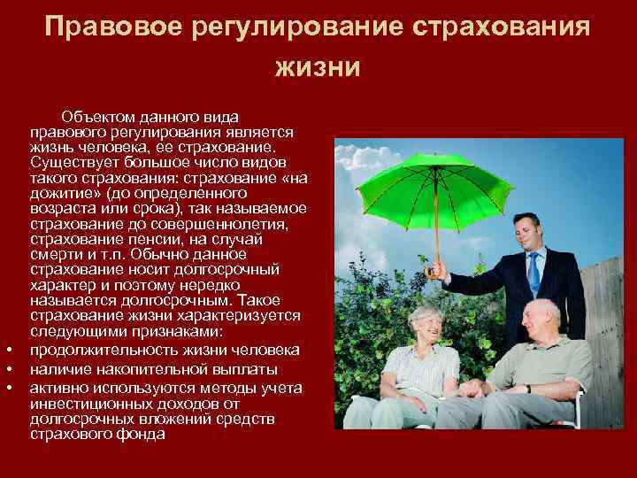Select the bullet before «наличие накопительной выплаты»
point(8,370)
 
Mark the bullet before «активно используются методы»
point(8,388)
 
